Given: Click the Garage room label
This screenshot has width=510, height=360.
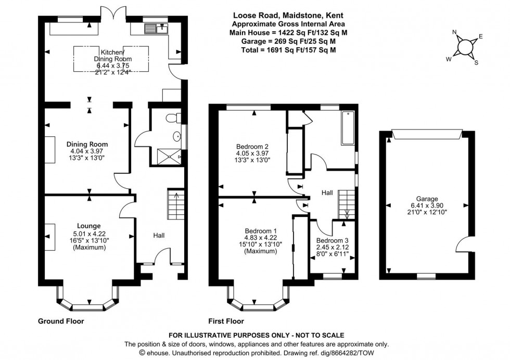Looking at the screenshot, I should click(x=427, y=198).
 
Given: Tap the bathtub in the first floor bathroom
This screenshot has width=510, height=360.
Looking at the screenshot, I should click(x=347, y=127).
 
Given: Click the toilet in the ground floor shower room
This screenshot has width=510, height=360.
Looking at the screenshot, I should click(x=172, y=119).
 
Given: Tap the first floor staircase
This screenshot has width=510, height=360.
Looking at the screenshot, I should click(x=346, y=205).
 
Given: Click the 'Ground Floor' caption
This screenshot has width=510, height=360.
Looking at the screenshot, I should click(x=61, y=321).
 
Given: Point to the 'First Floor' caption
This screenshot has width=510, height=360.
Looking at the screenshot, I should click(x=226, y=321).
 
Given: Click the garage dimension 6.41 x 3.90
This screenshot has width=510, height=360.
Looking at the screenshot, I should click(x=427, y=205).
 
